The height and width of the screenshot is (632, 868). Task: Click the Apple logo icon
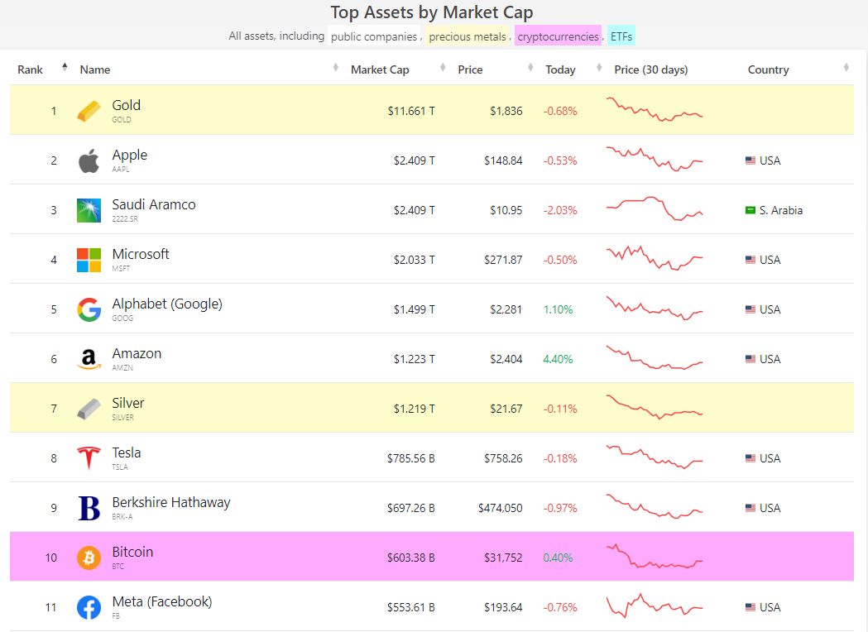pyautogui.click(x=89, y=161)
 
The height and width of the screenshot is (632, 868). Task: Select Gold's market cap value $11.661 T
pyautogui.click(x=410, y=111)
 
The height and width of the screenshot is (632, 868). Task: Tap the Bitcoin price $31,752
pyautogui.click(x=503, y=558)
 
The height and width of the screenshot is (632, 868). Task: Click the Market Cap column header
pyautogui.click(x=380, y=69)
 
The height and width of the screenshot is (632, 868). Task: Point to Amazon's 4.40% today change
pyautogui.click(x=558, y=359)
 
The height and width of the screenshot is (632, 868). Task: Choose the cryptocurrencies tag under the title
pyautogui.click(x=558, y=36)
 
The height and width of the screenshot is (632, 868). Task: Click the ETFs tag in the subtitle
pyautogui.click(x=621, y=36)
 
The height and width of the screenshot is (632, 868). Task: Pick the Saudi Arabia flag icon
pyautogui.click(x=751, y=210)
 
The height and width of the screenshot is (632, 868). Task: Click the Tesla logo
pyautogui.click(x=89, y=458)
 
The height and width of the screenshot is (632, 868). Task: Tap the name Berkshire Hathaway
pyautogui.click(x=171, y=502)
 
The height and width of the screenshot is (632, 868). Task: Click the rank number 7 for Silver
pyautogui.click(x=54, y=409)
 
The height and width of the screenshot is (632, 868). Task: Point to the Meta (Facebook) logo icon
pyautogui.click(x=89, y=607)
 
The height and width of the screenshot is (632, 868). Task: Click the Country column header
pyautogui.click(x=768, y=69)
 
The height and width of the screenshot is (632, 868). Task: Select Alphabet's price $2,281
pyautogui.click(x=506, y=309)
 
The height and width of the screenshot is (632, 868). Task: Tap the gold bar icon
pyautogui.click(x=89, y=111)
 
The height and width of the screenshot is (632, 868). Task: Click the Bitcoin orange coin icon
pyautogui.click(x=89, y=558)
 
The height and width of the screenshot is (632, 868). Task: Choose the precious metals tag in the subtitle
pyautogui.click(x=467, y=36)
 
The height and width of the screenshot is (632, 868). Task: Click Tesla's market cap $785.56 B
pyautogui.click(x=410, y=458)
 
